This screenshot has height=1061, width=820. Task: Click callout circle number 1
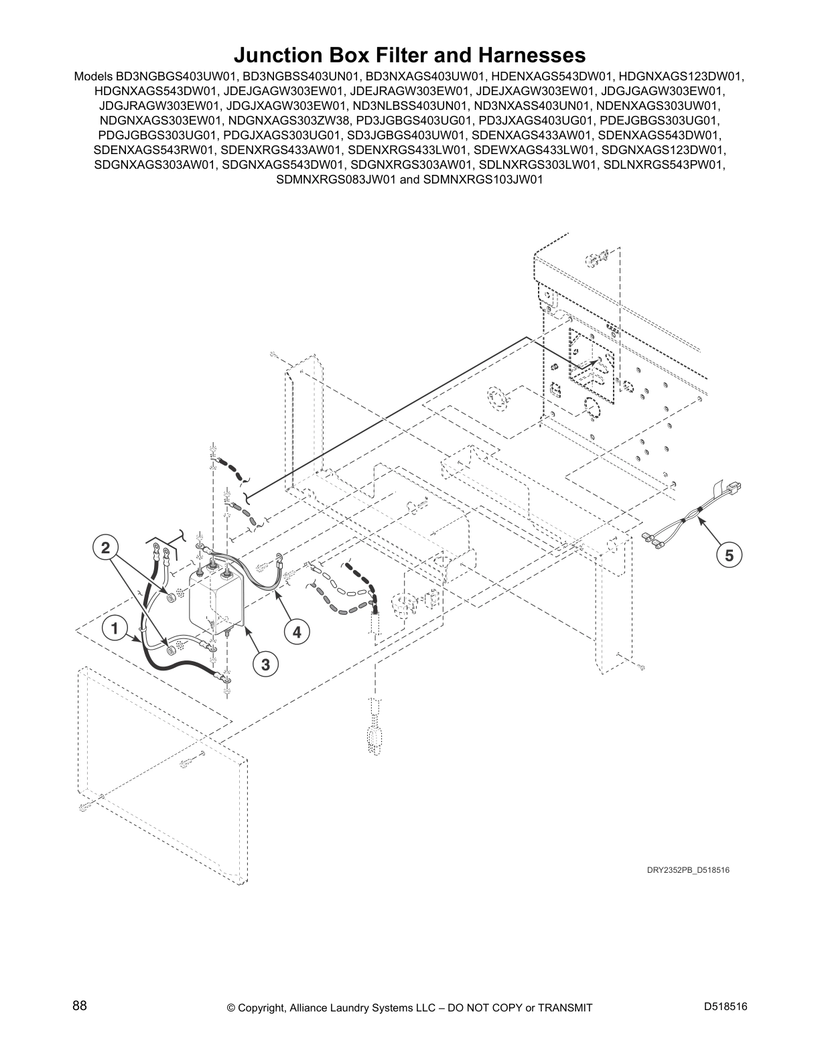pos(115,629)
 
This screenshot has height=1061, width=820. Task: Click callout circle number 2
pos(105,548)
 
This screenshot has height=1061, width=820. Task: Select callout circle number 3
pos(265,664)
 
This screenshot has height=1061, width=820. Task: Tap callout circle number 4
pos(297,631)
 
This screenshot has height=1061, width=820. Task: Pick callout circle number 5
pos(730,555)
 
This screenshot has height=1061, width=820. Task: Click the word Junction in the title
pos(279,54)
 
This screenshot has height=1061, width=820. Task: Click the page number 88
pos(80,1006)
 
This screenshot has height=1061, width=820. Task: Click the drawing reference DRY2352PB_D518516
pos(687,870)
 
